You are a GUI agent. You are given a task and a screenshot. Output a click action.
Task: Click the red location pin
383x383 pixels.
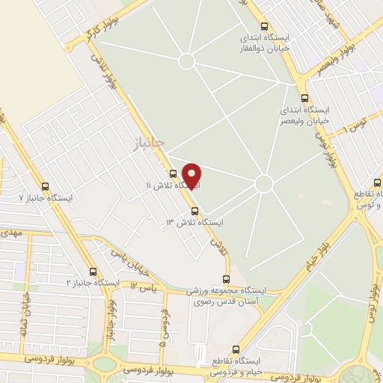coord(192,175)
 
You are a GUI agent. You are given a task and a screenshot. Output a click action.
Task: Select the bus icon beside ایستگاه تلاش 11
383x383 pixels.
coord(173,174)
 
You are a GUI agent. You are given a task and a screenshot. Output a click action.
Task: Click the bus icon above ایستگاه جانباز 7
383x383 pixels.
coord(46,186)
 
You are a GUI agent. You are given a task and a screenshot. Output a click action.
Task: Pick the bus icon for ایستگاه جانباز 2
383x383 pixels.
coord(93,272)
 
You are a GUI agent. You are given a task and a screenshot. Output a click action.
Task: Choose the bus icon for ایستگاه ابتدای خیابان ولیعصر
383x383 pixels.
coord(304,97)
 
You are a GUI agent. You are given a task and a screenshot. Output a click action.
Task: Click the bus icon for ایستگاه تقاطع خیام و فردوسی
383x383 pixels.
coord(236,349)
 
